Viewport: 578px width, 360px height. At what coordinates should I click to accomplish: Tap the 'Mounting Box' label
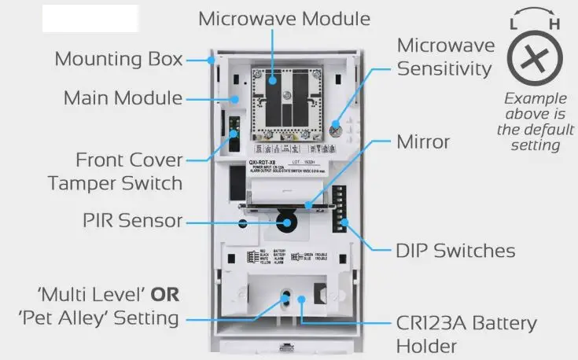coord(119,59)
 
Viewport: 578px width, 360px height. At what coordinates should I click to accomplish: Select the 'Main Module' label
coord(123,99)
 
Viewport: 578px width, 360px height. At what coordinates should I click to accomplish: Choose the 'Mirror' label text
coord(423,142)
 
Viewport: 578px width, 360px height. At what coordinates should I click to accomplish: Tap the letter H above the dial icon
coord(554,24)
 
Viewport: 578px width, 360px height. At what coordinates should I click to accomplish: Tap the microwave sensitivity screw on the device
coord(338,130)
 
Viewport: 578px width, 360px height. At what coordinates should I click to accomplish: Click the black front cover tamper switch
coord(234,139)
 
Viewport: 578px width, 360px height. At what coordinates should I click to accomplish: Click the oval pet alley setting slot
coord(287,299)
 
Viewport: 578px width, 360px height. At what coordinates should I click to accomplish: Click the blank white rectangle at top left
coord(90,17)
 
